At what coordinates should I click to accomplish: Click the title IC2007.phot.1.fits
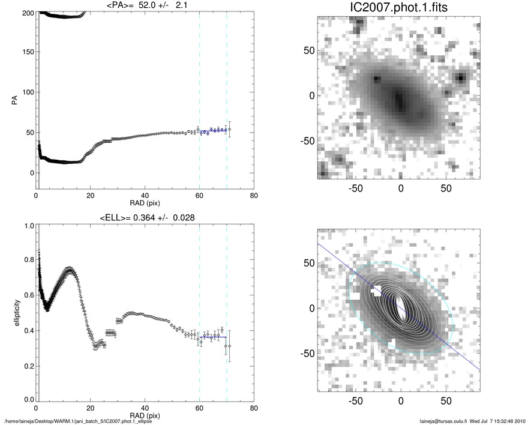tap(399, 8)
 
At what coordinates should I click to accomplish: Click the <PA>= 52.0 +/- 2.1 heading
tap(145, 5)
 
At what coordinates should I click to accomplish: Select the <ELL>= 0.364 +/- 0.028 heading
tap(145, 217)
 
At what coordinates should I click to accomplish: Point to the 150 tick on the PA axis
tap(26, 52)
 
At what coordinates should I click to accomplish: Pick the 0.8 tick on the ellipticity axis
tap(26, 261)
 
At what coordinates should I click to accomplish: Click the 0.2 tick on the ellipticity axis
tap(26, 365)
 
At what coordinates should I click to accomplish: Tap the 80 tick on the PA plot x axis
tap(254, 196)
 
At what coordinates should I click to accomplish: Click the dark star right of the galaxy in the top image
tap(460, 77)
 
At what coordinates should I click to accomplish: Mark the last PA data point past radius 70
tap(229, 130)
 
